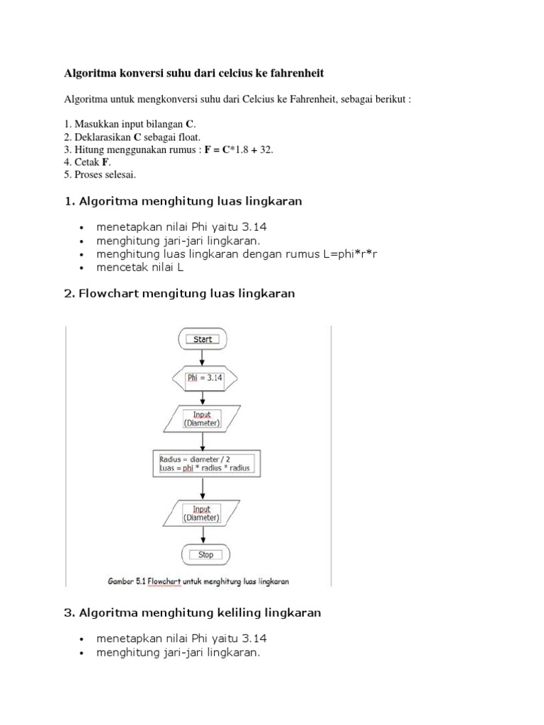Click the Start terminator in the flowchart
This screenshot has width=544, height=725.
tap(203, 339)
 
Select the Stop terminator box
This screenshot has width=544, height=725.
tap(205, 554)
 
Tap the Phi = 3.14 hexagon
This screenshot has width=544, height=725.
tap(205, 378)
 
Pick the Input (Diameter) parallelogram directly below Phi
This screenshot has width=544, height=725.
tap(202, 419)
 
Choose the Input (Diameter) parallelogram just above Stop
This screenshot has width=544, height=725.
tap(202, 513)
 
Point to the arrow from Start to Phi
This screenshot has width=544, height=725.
tap(203, 358)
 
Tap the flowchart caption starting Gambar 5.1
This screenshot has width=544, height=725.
tap(198, 581)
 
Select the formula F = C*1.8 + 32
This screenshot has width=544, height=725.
tap(239, 149)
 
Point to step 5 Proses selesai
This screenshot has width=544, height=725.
tap(100, 174)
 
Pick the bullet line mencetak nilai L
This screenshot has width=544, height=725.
tap(140, 267)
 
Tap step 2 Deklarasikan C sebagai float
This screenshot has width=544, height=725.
tap(132, 137)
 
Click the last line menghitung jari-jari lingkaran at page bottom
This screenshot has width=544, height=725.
tap(178, 653)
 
